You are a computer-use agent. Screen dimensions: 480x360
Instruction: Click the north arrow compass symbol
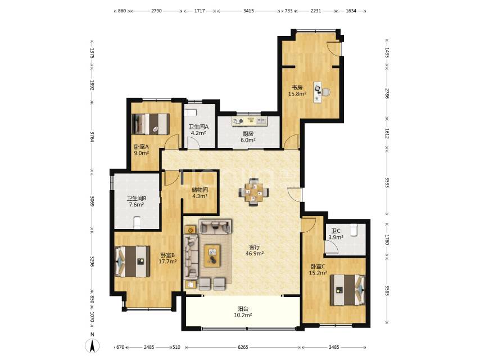pos(92,345)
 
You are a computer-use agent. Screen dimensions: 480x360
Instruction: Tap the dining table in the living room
pos(254,192)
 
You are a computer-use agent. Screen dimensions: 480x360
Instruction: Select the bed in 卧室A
pos(150,124)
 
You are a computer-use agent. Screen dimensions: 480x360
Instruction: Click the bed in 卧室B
pos(132,262)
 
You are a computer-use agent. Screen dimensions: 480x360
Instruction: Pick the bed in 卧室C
pos(348,290)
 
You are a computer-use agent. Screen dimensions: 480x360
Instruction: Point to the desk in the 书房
pos(318,92)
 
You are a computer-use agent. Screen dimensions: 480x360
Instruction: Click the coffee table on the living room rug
pos(212,254)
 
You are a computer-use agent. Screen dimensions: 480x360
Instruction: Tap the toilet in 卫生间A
pos(190,112)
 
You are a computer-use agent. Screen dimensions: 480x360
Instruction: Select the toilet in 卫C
pos(354,230)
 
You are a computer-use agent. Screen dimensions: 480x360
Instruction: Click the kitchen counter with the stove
pos(250,121)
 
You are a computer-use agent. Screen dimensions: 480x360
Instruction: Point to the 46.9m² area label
pos(255,253)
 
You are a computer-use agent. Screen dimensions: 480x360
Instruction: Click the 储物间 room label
pos(200,190)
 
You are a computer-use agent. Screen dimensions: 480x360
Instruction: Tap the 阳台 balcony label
pos(243,309)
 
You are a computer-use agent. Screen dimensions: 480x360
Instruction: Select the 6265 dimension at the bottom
pos(243,347)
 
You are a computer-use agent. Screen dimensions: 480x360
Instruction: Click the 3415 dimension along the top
pos(248,11)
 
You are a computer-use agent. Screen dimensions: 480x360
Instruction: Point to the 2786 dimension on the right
pos(387,93)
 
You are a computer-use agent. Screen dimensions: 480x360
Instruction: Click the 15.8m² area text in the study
pos(297,94)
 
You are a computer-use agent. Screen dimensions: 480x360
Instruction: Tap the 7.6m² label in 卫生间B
pos(136,204)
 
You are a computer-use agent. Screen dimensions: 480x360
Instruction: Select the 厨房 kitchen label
pos(248,134)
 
